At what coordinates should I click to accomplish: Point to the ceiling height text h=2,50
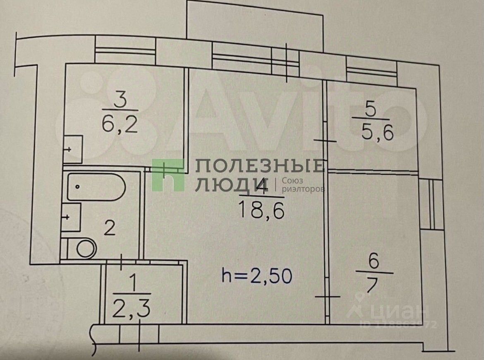[x=257, y=276]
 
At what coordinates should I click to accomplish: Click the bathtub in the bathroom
[x=96, y=187]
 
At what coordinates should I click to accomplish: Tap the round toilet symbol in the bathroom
[x=86, y=248]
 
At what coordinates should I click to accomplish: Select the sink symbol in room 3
[x=73, y=148]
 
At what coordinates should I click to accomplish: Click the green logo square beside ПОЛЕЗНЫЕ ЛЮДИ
[x=168, y=175]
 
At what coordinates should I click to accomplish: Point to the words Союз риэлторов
[x=303, y=185]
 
